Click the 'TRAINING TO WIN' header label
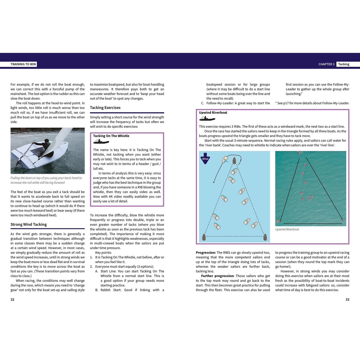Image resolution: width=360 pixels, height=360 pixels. [23, 64]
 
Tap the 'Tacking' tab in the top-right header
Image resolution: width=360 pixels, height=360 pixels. [343, 64]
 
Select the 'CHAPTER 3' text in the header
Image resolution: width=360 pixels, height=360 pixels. [326, 64]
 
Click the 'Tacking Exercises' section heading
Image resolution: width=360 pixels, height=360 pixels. [105, 108]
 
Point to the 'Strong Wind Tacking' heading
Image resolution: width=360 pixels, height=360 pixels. [29, 224]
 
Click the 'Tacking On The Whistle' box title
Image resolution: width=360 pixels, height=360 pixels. [111, 136]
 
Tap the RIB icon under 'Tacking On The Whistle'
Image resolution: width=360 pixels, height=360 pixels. [101, 142]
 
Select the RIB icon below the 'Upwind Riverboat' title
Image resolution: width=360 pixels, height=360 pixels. [207, 119]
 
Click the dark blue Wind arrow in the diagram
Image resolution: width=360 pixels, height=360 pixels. [205, 158]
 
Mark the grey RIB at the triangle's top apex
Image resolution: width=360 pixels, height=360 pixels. [234, 160]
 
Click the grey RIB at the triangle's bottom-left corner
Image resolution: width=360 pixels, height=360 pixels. [204, 237]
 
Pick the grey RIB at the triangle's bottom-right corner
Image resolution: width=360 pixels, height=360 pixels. [265, 237]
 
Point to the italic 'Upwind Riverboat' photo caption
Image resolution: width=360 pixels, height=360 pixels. [287, 229]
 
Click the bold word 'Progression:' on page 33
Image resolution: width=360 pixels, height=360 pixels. [206, 253]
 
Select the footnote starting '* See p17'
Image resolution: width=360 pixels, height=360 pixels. [312, 103]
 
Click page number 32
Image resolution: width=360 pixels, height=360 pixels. [12, 300]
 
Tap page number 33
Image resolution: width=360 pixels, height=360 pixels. [347, 300]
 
